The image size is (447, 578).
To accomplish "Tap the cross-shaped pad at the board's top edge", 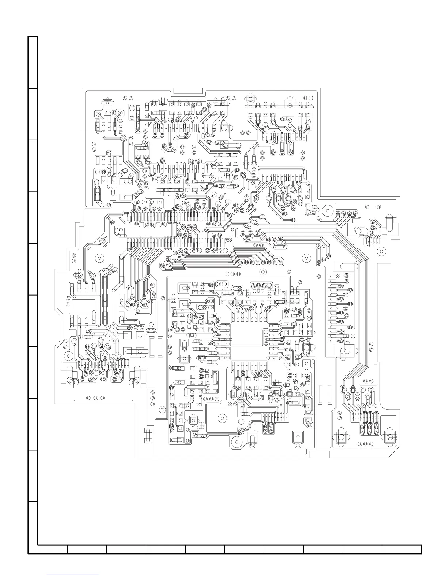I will coord(251,98).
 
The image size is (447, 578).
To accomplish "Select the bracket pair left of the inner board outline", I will coord(156,346).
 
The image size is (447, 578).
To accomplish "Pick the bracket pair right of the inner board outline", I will coord(325,394).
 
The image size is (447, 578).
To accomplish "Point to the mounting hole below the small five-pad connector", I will coord(382,251).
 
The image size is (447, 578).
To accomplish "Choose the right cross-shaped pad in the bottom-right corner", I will coord(390,437).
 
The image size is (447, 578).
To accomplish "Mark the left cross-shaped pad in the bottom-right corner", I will coord(341,437).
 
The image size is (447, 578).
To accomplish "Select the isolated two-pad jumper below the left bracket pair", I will coord(148,435).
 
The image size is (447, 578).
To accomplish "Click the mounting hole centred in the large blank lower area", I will coord(221,418).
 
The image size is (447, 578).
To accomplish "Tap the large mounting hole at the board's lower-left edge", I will coord(67,356).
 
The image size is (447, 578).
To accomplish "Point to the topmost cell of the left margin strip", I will coord(33,62).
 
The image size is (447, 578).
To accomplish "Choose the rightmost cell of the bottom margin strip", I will coord(402,550).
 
